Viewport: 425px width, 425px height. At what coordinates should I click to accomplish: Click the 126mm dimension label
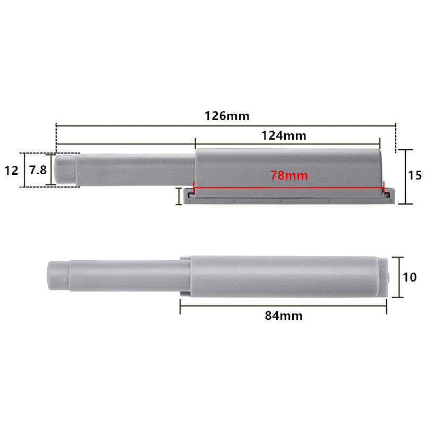coord(227,116)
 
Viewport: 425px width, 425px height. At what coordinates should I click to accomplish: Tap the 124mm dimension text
coord(284,135)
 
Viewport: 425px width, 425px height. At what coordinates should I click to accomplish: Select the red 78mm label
coord(289,175)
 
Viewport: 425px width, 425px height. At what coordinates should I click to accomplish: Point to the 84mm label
coord(284,316)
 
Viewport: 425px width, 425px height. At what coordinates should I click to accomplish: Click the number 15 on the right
coord(415,175)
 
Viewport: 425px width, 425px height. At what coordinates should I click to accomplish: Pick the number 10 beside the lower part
coord(410,277)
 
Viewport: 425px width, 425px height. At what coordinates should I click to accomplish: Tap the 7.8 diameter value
coord(38,170)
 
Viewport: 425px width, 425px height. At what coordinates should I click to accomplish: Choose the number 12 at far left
coord(11,171)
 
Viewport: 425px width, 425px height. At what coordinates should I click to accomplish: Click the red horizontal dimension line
coord(289,188)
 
